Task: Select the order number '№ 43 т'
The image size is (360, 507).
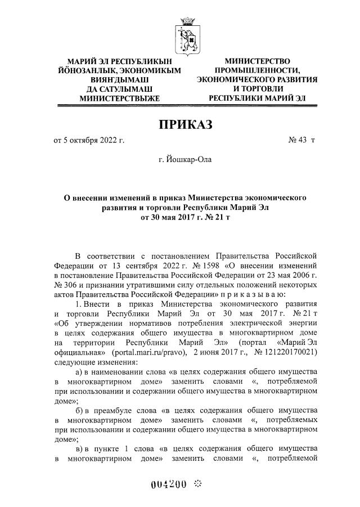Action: point(301,140)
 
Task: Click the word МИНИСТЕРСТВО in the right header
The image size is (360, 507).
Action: point(256,61)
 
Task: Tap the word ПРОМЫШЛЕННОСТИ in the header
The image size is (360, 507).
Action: point(256,70)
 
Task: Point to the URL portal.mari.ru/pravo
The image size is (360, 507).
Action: point(142,352)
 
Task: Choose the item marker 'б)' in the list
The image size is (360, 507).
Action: point(80,411)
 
